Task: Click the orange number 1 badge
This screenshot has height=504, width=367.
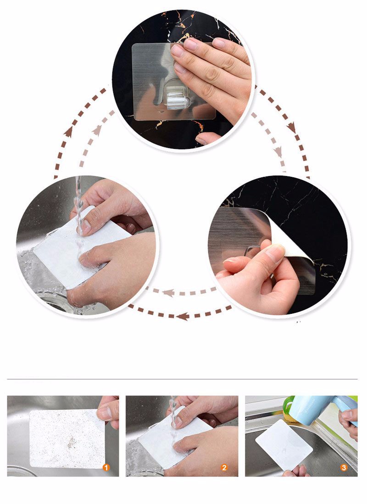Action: point(106,467)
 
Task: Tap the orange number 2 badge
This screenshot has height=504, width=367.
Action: point(224,467)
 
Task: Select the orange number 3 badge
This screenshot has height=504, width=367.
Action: point(344,467)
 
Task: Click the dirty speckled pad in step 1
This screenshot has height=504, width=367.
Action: point(67,439)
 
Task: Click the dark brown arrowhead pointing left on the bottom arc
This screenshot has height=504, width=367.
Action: point(183,316)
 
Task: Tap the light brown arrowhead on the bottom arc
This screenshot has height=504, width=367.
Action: point(168,292)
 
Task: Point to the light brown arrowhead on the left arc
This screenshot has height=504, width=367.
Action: point(97,130)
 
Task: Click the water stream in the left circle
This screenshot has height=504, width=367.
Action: point(78,199)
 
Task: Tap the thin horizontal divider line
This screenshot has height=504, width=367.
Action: point(182,379)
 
